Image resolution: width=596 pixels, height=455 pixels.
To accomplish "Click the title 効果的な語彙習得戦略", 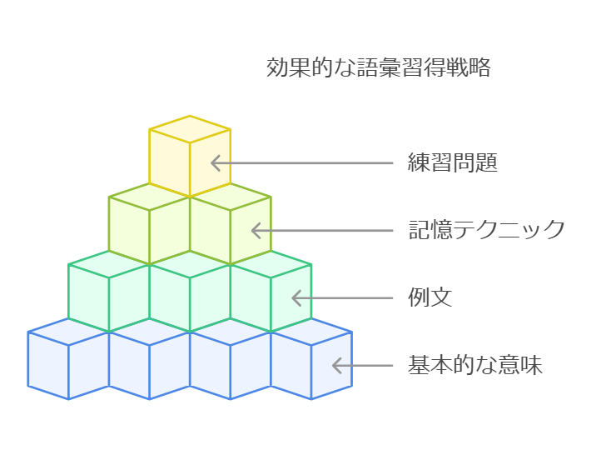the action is point(378,67).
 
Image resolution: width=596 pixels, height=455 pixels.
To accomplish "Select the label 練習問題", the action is point(453,162).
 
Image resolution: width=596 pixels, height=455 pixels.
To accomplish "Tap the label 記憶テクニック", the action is point(486,230).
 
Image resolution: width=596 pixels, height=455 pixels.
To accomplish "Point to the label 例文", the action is point(430,297).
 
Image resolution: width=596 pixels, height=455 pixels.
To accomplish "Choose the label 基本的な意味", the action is point(475,365).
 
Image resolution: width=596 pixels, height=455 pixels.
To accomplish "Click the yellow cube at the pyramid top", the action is point(190,156).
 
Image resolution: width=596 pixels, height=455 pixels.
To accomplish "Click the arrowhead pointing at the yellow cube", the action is point(216,163).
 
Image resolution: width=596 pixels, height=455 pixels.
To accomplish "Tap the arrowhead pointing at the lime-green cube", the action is point(256,231).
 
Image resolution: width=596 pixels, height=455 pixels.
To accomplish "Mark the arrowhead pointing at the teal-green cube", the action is point(297,297).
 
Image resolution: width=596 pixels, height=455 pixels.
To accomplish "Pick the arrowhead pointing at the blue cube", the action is point(337,366).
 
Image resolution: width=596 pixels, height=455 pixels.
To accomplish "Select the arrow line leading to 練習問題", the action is point(302,163).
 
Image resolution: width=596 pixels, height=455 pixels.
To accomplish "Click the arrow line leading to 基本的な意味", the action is point(363,366).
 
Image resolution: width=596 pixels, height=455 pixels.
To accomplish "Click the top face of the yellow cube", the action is point(190,129).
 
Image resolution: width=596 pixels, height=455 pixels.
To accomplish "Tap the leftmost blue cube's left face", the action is point(48,365).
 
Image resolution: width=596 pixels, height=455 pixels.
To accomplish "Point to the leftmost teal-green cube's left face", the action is point(88,297).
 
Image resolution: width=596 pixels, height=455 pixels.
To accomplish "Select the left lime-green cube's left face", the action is point(129,230).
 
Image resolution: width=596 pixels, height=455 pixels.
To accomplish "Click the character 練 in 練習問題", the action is point(419,162).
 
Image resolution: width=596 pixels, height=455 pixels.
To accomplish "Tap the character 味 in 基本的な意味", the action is point(531,365).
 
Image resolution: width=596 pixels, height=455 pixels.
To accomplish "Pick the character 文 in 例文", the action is point(441,297).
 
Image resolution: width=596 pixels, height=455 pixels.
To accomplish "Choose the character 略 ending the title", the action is point(479,67).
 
